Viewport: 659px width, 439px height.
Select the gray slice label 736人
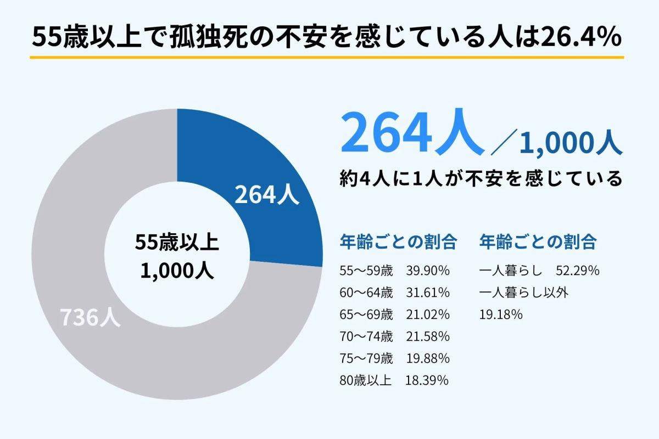point(90,318)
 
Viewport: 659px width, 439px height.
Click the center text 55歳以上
point(177,243)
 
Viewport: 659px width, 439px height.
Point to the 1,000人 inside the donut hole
point(177,271)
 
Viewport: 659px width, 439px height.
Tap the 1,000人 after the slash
point(571,144)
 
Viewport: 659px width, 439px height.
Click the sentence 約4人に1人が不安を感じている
point(481,179)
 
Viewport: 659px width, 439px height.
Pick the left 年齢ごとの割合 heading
point(398,241)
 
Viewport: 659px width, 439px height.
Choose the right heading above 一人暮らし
point(538,241)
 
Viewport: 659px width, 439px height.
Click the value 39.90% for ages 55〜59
point(428,271)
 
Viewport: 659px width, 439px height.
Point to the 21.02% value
point(428,314)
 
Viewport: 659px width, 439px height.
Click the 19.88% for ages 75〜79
point(428,358)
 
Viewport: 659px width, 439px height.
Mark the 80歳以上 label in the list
point(366,380)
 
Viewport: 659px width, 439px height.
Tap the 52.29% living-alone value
point(577,271)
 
